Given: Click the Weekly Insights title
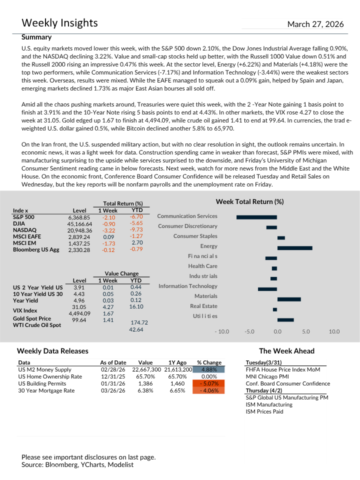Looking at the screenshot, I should [59, 23].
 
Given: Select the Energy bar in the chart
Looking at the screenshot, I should [294, 248].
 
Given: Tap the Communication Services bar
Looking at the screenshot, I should [256, 217].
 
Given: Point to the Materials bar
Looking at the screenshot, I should [289, 299].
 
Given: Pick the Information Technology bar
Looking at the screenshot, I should [267, 289].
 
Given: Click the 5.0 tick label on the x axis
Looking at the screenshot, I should [306, 331].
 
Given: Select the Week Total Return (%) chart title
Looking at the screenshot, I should [249, 201].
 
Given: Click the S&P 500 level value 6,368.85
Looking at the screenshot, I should [79, 218].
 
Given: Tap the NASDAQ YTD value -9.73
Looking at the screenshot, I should [136, 230].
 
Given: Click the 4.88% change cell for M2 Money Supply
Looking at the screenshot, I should [209, 369].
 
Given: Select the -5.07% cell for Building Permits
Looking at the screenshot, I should [209, 383].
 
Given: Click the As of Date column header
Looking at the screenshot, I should [113, 362].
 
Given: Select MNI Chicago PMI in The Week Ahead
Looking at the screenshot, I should [267, 376].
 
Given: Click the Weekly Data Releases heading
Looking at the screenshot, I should [52, 351].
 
